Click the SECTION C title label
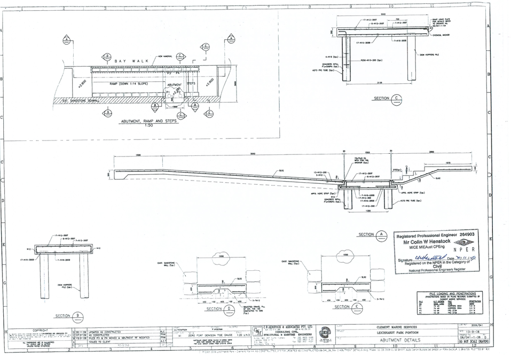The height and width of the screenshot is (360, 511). (x=385, y=99)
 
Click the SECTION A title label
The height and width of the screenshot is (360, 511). (x=371, y=234)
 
